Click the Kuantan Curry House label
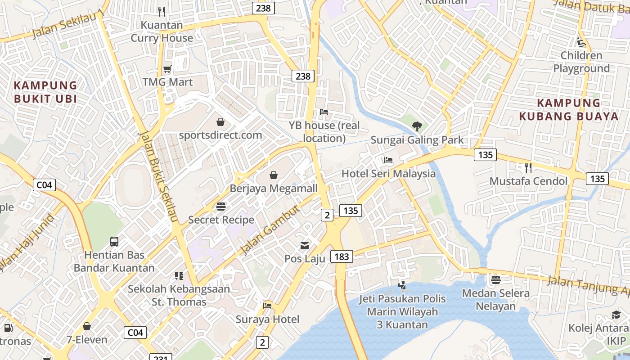pos(162,31)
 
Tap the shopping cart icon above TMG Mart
pos(167,69)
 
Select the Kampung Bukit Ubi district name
pos(45,92)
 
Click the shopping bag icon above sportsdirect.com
pos(220,121)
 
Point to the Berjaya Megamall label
pos(274,188)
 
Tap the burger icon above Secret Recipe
pos(221,207)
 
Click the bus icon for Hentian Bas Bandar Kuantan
pos(114,242)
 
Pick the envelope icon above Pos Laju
pos(305,246)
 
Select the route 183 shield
pos(342,256)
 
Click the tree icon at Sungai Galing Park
pos(417,126)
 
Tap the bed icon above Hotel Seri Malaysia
pos(388,160)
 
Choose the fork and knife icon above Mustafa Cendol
pos(528,168)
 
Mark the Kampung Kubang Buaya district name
pos(569,109)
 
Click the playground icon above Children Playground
pos(581,42)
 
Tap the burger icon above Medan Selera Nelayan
pos(495,280)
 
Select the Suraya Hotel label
pos(267,319)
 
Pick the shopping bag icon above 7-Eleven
pos(87,326)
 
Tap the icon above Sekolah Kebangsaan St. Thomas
pos(179,275)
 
